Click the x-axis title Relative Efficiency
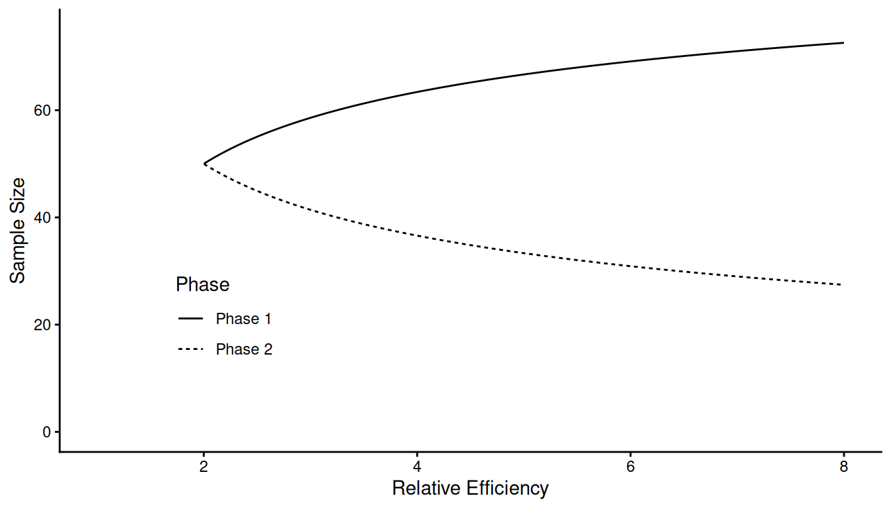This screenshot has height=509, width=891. [x=470, y=489]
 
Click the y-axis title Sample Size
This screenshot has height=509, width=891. [x=18, y=230]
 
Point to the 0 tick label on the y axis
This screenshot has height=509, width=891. [x=46, y=432]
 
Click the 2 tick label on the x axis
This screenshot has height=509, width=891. [x=204, y=466]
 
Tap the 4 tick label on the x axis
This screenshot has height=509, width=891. [x=417, y=466]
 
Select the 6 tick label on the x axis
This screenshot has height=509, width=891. [x=630, y=466]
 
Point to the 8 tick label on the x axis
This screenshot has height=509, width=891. [x=843, y=466]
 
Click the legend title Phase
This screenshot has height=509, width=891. [x=202, y=285]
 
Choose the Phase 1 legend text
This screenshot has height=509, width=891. [x=243, y=319]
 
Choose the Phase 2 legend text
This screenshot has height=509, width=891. [x=244, y=349]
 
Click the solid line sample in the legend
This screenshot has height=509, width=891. [x=191, y=319]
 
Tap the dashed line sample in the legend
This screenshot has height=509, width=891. [x=191, y=349]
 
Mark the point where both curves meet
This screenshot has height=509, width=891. [x=204, y=163]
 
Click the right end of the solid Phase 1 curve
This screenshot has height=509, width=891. [x=843, y=43]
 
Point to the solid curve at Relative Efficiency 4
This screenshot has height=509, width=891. [x=417, y=91]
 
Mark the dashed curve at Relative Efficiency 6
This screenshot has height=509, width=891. [x=630, y=266]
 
